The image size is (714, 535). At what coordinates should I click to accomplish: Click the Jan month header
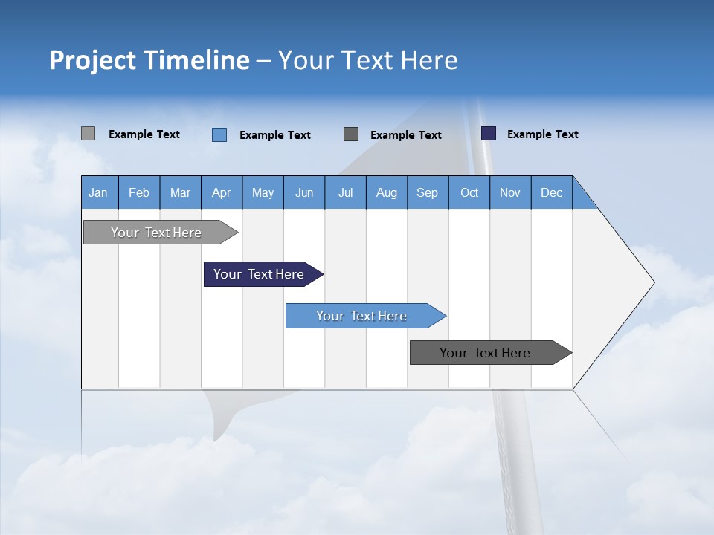[99, 192]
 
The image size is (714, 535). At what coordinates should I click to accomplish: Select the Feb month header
[139, 192]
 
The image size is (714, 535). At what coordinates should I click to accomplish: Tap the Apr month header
[221, 192]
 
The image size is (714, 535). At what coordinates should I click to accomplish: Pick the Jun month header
[304, 192]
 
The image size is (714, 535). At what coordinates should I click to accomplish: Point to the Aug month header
[386, 192]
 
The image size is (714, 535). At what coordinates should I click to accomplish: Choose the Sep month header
[427, 192]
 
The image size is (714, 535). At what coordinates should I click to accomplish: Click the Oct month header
[469, 192]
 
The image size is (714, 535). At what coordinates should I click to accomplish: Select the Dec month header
[551, 192]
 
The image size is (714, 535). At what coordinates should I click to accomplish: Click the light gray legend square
[88, 134]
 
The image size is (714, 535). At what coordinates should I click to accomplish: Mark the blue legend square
[219, 134]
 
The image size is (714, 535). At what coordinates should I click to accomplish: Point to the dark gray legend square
[351, 134]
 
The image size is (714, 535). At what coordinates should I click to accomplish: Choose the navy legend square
[489, 134]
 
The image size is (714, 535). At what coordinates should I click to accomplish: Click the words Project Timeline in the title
[149, 60]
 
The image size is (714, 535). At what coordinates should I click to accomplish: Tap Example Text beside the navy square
[542, 134]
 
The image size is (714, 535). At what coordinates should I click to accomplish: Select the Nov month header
[510, 192]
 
